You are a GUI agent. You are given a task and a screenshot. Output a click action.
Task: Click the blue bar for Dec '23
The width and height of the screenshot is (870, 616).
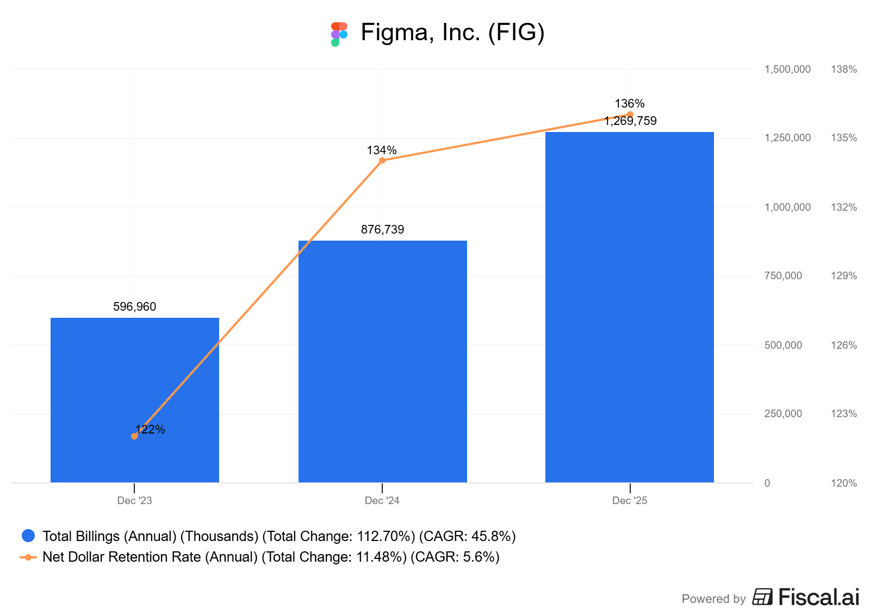tap(134, 400)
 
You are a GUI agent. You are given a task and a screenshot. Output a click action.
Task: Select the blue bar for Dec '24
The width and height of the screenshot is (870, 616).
tap(382, 361)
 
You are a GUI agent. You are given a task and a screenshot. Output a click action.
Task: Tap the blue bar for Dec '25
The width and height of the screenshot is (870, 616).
tap(630, 307)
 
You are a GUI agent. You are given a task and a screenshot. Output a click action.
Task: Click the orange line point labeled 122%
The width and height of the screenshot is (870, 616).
tap(134, 436)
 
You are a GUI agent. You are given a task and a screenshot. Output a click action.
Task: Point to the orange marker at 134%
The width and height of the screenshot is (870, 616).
tap(382, 160)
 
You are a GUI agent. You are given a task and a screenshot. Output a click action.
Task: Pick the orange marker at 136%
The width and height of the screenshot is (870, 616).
tap(630, 115)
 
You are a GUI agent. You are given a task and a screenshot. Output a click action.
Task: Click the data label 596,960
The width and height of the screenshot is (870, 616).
tap(134, 306)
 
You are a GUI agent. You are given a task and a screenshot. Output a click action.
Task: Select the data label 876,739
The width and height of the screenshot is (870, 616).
tap(382, 229)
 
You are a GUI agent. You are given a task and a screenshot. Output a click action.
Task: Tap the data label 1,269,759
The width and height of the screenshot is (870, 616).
tap(630, 121)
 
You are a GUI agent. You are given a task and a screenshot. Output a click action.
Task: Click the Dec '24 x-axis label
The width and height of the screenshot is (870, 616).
tap(382, 500)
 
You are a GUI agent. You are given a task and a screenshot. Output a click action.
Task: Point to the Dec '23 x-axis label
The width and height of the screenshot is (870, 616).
tap(134, 500)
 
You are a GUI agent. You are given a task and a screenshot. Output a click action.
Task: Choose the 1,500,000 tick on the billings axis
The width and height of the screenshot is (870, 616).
tap(787, 69)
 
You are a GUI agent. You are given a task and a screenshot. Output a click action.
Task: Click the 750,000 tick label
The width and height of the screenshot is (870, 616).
tap(783, 275)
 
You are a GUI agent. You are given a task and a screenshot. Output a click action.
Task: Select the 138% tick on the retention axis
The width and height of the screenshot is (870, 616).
tap(843, 69)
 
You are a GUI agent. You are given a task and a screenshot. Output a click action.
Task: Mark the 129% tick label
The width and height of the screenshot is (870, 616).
tap(843, 275)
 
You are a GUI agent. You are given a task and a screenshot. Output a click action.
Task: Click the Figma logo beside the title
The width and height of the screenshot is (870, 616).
tap(339, 34)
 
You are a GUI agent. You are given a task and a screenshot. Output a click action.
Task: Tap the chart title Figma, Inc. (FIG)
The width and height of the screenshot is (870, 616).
tap(452, 32)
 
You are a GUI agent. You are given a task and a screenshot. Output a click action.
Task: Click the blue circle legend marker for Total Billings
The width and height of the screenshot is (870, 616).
tap(28, 536)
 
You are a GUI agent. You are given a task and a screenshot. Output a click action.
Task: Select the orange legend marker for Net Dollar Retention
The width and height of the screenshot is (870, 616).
tap(28, 557)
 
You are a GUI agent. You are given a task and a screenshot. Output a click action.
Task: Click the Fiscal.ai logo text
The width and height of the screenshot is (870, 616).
tap(818, 597)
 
